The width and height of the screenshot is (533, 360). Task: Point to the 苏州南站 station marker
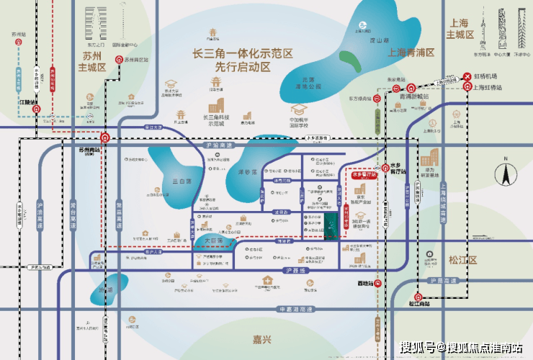106,137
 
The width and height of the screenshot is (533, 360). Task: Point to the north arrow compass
506,174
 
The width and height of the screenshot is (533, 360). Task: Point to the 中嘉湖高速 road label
296,309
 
